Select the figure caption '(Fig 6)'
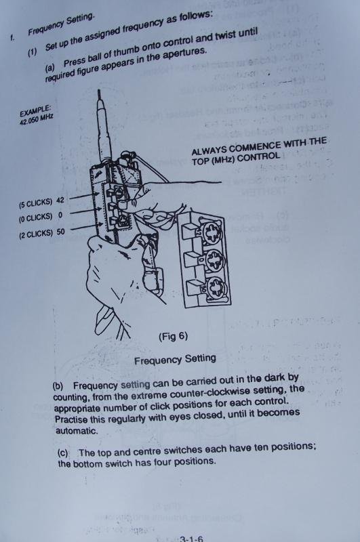[175, 336]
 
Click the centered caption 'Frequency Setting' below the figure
[175, 358]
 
